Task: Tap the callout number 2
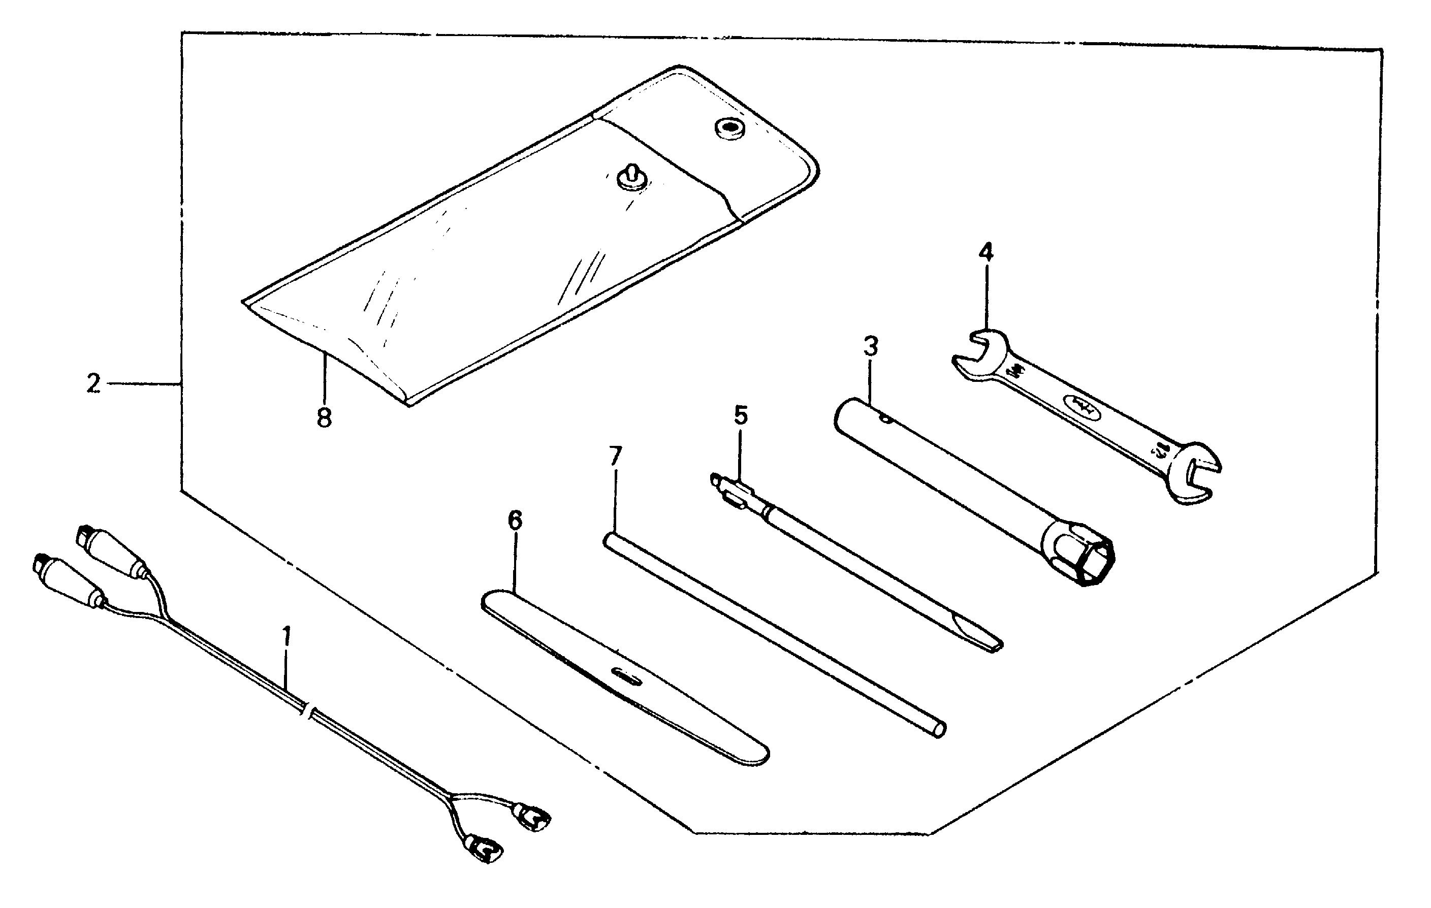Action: (93, 383)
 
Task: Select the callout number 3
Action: (871, 346)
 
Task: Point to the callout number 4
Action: (985, 252)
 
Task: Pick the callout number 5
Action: (741, 415)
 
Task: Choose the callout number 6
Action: (515, 521)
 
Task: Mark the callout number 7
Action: (615, 457)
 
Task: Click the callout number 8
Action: (324, 418)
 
